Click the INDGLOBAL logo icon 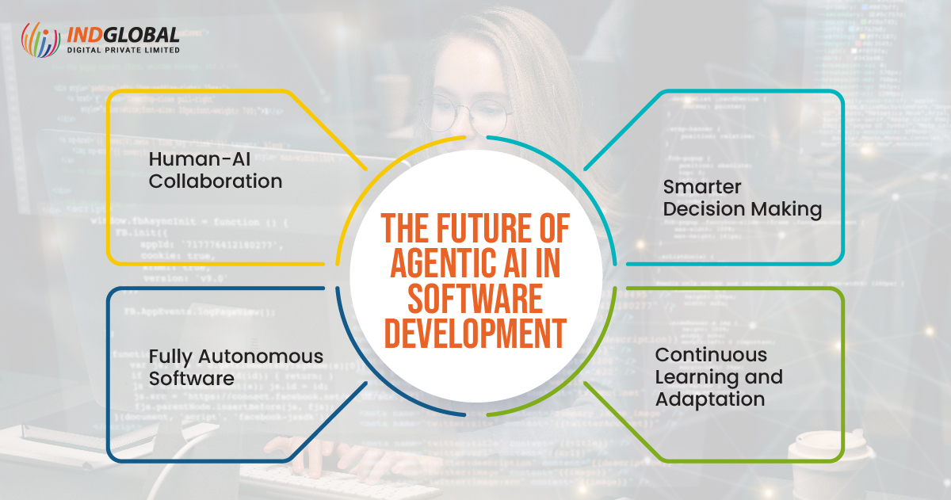pos(40,39)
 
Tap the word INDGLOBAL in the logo pos(122,35)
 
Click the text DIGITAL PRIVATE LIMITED pos(122,50)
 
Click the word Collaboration pos(216,181)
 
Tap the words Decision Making pos(742,209)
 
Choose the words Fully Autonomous pos(236,356)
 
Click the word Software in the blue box pos(192,378)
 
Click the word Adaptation pos(710,398)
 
